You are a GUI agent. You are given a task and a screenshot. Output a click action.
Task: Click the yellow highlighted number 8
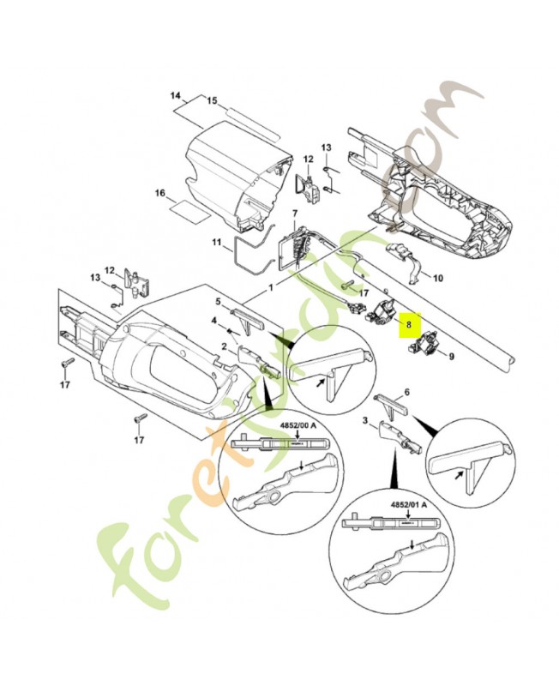pyautogui.click(x=410, y=325)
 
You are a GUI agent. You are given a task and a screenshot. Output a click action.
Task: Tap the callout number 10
pyautogui.click(x=438, y=278)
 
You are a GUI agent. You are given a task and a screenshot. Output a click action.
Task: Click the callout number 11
pyautogui.click(x=217, y=243)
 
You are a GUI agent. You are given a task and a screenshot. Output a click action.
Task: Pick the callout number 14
pyautogui.click(x=176, y=95)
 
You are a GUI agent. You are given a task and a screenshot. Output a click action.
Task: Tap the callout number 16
pyautogui.click(x=159, y=194)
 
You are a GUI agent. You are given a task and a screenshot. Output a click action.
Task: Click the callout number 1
pyautogui.click(x=272, y=289)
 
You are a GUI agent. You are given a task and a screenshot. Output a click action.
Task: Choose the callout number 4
pyautogui.click(x=214, y=321)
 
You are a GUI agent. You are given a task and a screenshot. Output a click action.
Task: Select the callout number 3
pyautogui.click(x=366, y=420)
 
